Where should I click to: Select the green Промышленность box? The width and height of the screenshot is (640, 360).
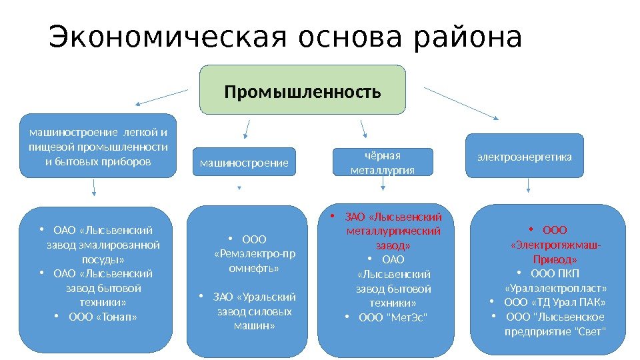[303, 89]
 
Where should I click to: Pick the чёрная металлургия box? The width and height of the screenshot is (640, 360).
[382, 162]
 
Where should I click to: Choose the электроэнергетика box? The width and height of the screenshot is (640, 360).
[523, 157]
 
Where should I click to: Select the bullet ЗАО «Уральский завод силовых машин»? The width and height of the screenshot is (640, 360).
[253, 311]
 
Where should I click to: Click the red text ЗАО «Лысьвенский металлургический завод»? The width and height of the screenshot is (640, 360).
[393, 231]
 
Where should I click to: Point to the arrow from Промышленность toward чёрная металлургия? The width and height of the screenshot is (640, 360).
[364, 128]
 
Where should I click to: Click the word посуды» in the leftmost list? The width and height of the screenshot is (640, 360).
[103, 259]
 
